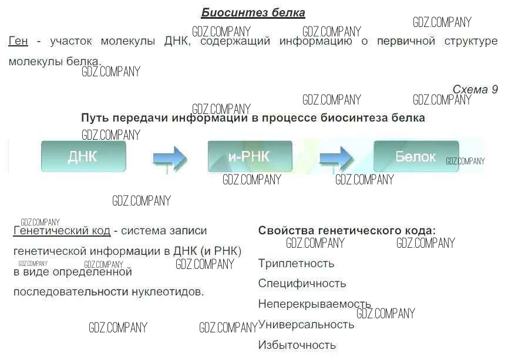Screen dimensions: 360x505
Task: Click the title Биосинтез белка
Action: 253,12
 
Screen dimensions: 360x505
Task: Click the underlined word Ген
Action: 18,42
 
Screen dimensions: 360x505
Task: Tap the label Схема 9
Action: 475,89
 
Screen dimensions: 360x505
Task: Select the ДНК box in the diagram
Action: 83,157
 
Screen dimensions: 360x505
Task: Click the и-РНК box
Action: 250,157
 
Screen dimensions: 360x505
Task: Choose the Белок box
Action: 416,157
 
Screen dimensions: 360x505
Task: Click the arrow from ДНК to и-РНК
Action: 169,158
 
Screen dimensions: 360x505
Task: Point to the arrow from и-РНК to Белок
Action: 335,158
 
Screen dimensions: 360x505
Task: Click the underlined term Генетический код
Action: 62,231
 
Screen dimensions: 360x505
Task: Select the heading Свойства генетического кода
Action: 347,231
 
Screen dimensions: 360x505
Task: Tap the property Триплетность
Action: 296,263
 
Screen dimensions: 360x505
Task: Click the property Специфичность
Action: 302,284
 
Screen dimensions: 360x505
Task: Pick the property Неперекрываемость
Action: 314,304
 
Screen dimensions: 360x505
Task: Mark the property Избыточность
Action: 297,345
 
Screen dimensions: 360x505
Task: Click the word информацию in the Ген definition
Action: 315,42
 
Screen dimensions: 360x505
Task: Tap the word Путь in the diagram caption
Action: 95,117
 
